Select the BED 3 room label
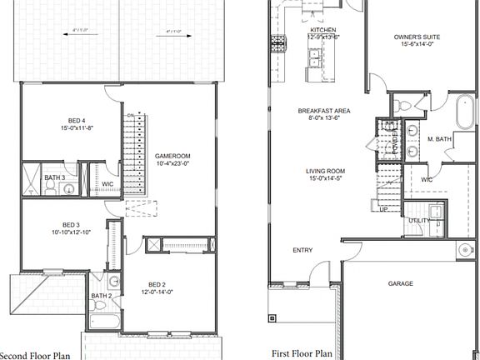[x=71, y=225]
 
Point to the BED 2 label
[x=157, y=285]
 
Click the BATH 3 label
[x=55, y=177]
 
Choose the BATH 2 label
[x=101, y=296]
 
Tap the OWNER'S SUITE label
[x=417, y=37]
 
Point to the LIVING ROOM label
[x=324, y=171]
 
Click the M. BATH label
[x=439, y=139]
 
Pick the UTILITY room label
[x=418, y=220]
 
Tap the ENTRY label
[x=302, y=250]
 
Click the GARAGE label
[x=400, y=283]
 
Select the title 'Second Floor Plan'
[x=37, y=353]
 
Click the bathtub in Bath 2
[x=104, y=321]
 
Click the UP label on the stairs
[x=384, y=209]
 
